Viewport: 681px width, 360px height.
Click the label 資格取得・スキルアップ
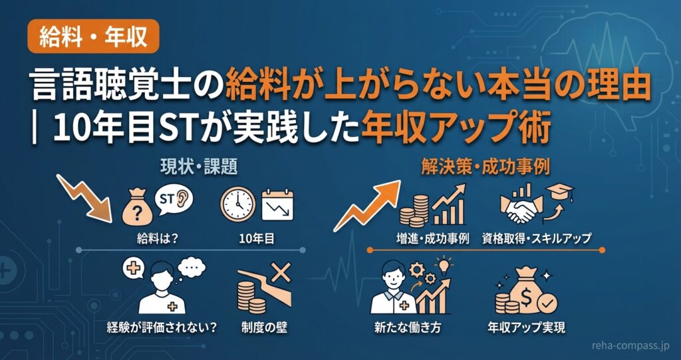(x=537, y=238)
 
